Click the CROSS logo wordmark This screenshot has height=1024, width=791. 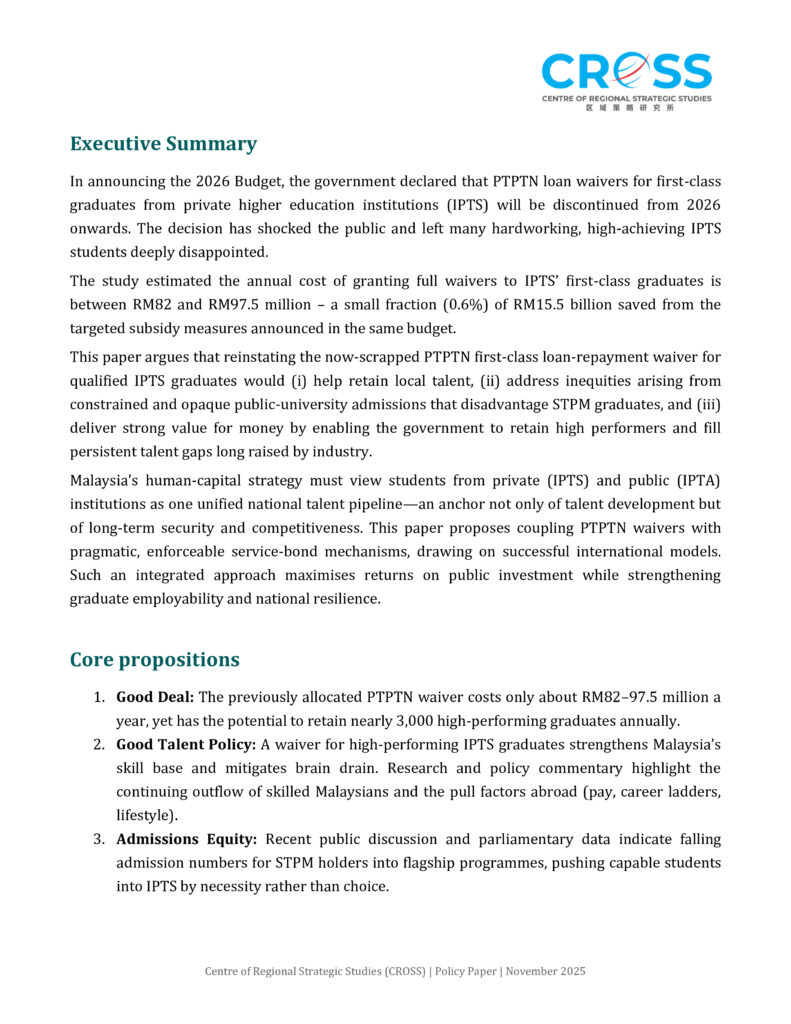point(627,72)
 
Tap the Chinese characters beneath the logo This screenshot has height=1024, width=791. point(628,107)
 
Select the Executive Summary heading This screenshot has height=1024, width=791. point(163,144)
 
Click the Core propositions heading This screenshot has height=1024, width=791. point(154,660)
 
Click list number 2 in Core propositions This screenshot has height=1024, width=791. point(100,745)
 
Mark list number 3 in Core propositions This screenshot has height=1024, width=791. point(100,839)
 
